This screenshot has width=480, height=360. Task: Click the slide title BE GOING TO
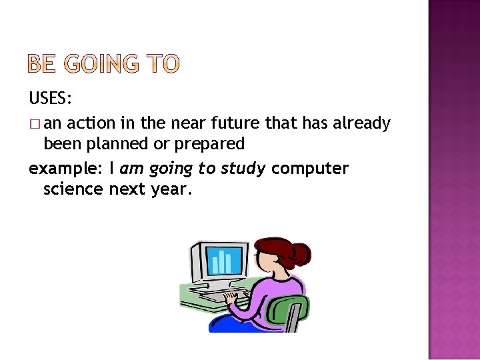tap(103, 64)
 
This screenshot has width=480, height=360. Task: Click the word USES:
tap(51, 99)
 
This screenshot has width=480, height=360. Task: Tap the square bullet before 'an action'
tap(35, 124)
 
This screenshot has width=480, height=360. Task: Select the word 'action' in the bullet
tap(93, 123)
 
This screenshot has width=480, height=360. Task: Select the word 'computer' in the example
tap(310, 169)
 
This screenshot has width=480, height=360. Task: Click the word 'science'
tap(73, 189)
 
